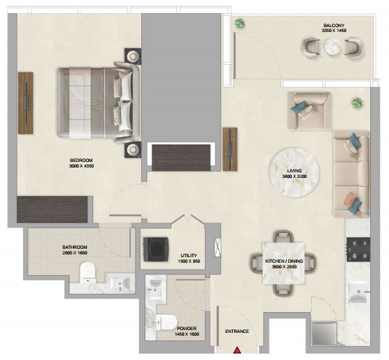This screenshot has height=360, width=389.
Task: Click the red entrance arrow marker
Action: pyautogui.click(x=238, y=350)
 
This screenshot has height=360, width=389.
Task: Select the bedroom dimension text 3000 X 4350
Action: pyautogui.click(x=81, y=166)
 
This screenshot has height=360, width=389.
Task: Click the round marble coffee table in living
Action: pyautogui.click(x=294, y=172)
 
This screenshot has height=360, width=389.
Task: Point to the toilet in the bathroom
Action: pyautogui.click(x=88, y=272)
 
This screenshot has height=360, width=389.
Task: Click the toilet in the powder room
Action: pyautogui.click(x=166, y=322)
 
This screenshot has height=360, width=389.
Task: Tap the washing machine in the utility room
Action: pyautogui.click(x=156, y=249)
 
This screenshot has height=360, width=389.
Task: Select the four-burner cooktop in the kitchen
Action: pyautogui.click(x=358, y=249)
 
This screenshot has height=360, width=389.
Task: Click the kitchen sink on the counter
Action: pyautogui.click(x=358, y=292)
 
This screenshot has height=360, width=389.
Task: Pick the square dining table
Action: pyautogui.click(x=283, y=263)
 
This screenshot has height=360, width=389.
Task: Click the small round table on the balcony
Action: pyautogui.click(x=333, y=47)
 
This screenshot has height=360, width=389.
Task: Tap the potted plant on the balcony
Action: pyautogui.click(x=239, y=24)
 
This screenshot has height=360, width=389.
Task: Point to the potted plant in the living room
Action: pyautogui.click(x=357, y=103)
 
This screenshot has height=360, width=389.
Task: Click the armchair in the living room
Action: pyautogui.click(x=309, y=111)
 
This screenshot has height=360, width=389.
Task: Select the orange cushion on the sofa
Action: pyautogui.click(x=349, y=199)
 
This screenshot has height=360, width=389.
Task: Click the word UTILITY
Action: pyautogui.click(x=189, y=256)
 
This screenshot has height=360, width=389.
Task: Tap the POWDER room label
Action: pyautogui.click(x=187, y=329)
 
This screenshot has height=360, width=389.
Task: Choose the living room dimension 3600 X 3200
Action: pyautogui.click(x=295, y=177)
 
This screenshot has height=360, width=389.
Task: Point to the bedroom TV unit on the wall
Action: pyautogui.click(x=26, y=103)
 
